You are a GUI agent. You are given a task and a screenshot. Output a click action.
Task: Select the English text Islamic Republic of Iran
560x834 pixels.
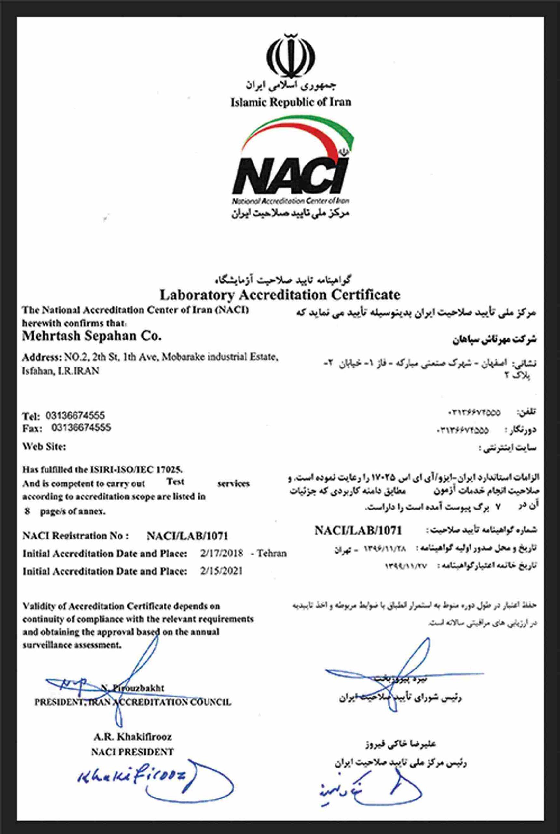[291, 103]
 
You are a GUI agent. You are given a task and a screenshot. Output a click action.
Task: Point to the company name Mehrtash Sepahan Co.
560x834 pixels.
[92, 337]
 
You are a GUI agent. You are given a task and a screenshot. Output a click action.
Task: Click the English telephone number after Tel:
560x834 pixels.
[75, 415]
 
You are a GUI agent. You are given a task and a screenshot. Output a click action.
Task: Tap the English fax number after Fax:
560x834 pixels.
[81, 427]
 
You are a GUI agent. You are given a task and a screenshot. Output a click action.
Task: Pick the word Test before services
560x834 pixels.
[175, 482]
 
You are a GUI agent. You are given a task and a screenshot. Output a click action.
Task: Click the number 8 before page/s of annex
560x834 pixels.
[27, 511]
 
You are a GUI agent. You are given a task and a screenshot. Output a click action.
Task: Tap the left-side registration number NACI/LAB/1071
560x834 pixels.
[187, 536]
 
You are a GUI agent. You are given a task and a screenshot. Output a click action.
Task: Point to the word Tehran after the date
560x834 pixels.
[271, 554]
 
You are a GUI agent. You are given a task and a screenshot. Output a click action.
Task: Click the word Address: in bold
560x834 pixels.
[37, 357]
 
